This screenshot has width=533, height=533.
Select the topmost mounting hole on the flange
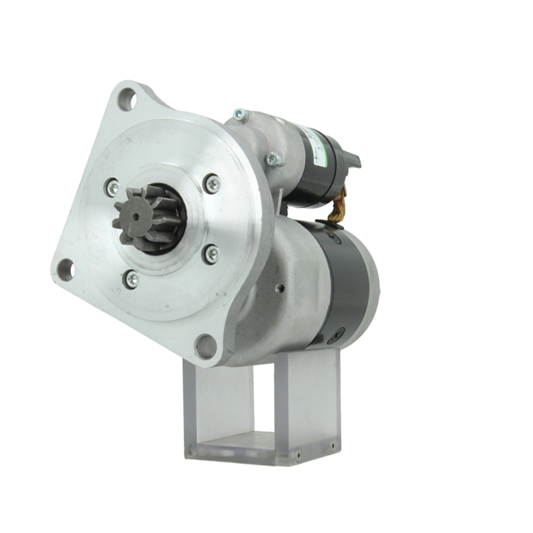tap(127, 99)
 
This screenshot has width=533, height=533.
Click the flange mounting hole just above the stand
tap(206, 346)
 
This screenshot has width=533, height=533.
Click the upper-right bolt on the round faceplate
tap(212, 184)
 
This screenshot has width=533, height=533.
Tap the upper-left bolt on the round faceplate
tap(112, 187)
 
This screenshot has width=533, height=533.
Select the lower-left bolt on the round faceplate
tap(131, 279)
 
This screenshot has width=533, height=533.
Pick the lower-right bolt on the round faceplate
tap(212, 254)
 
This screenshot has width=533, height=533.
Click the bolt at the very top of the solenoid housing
tap(240, 115)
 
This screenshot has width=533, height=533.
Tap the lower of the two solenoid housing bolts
tap(273, 159)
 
